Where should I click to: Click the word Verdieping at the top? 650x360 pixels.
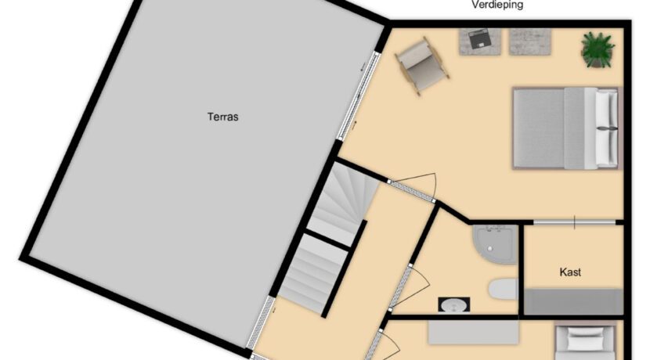497,5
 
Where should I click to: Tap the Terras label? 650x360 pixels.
222,117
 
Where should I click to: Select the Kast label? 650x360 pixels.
570,272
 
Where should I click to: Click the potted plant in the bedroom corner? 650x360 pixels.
597,49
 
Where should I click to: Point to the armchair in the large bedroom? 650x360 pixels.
421,67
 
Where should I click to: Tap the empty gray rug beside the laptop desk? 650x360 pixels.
530,41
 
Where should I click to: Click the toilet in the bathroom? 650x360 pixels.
501,290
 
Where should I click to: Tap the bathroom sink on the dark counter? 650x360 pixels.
450,305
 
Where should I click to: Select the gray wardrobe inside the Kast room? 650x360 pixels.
572,301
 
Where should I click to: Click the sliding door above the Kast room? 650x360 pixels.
573,223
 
